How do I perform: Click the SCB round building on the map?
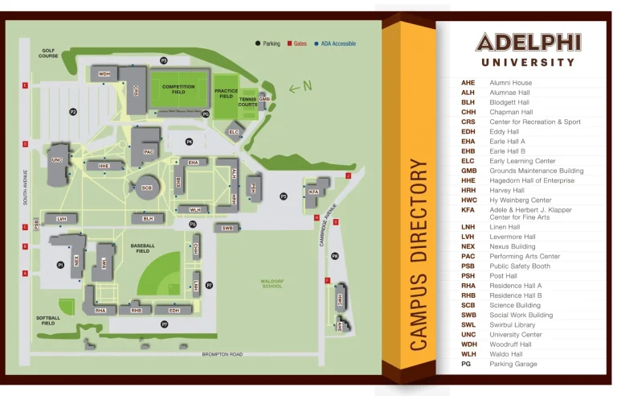click(147, 188)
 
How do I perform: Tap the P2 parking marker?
click(73, 112)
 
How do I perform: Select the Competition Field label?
click(178, 89)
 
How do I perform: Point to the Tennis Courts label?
click(247, 102)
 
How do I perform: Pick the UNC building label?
click(56, 159)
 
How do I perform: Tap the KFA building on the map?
click(313, 191)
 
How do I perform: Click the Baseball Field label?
click(142, 248)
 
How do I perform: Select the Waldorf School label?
click(272, 283)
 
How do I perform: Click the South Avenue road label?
click(26, 187)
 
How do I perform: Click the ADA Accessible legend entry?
click(336, 43)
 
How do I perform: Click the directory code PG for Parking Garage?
click(466, 364)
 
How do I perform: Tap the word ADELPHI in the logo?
click(528, 42)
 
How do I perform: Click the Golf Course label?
click(49, 53)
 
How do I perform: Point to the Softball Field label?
click(47, 320)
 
